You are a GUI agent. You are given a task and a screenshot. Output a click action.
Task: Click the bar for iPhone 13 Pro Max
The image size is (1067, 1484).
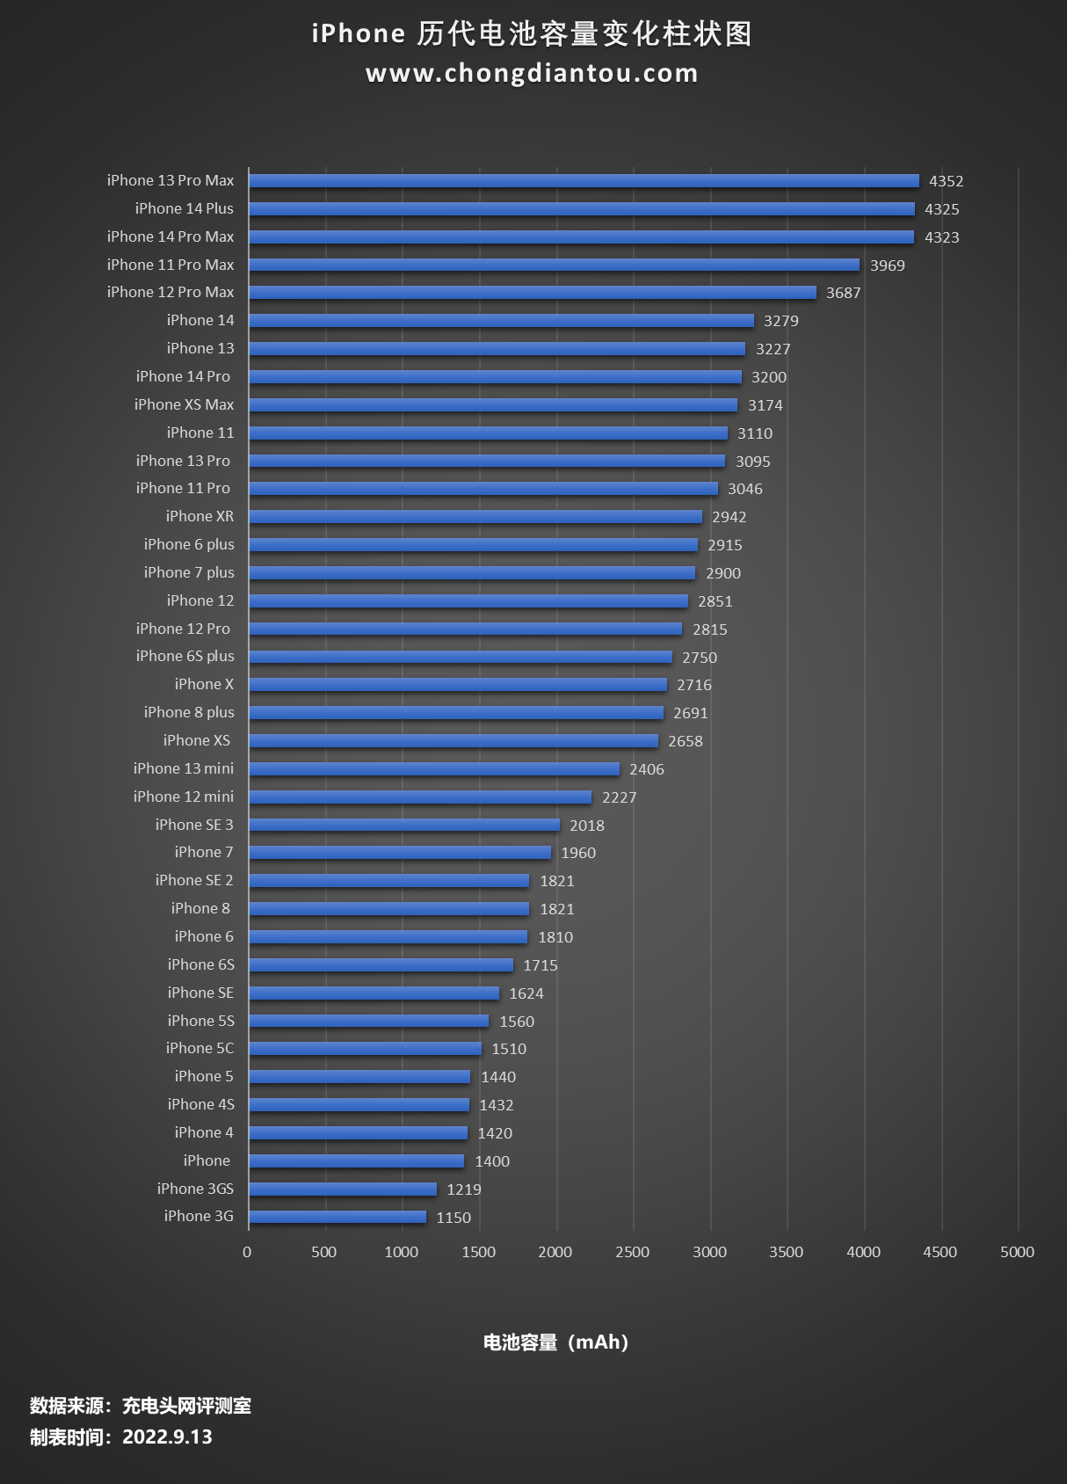(584, 180)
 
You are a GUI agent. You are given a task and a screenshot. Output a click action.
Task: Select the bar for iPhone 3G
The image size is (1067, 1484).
(338, 1217)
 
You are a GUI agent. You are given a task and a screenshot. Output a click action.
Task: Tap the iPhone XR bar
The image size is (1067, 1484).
(475, 517)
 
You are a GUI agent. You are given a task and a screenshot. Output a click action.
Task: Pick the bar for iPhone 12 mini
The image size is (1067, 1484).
(420, 797)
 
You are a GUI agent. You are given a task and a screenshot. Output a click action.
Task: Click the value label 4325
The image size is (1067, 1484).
(941, 209)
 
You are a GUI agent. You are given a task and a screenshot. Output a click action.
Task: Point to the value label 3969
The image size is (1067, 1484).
(887, 266)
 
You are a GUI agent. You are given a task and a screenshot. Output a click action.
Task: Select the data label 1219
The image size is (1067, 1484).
(463, 1189)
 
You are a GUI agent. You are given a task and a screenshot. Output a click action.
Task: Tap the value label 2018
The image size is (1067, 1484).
(586, 826)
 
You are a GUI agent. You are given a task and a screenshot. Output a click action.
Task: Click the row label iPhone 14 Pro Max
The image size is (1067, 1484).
(171, 236)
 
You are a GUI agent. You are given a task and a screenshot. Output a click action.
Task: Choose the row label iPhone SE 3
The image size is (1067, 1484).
(194, 825)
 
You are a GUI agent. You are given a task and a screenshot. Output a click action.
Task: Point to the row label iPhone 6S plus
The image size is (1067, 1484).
(185, 656)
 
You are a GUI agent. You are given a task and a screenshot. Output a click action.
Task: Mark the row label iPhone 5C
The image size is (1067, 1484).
(200, 1048)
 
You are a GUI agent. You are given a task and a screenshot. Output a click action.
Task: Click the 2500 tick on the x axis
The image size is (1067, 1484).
(632, 1252)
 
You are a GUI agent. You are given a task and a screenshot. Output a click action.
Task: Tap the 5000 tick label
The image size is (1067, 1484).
(1017, 1252)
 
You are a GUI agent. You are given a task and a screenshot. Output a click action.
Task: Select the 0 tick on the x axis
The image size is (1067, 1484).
(247, 1252)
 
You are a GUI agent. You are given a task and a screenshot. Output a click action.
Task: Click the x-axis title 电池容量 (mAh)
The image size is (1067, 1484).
(555, 1342)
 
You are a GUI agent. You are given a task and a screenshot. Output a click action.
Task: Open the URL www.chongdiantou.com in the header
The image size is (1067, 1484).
(532, 73)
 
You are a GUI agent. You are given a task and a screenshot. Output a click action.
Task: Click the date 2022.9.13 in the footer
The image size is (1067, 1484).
(167, 1437)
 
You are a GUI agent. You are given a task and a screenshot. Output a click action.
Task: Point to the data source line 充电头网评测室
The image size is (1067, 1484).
(186, 1406)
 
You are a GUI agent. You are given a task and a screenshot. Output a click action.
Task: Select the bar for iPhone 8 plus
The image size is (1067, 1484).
(456, 713)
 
